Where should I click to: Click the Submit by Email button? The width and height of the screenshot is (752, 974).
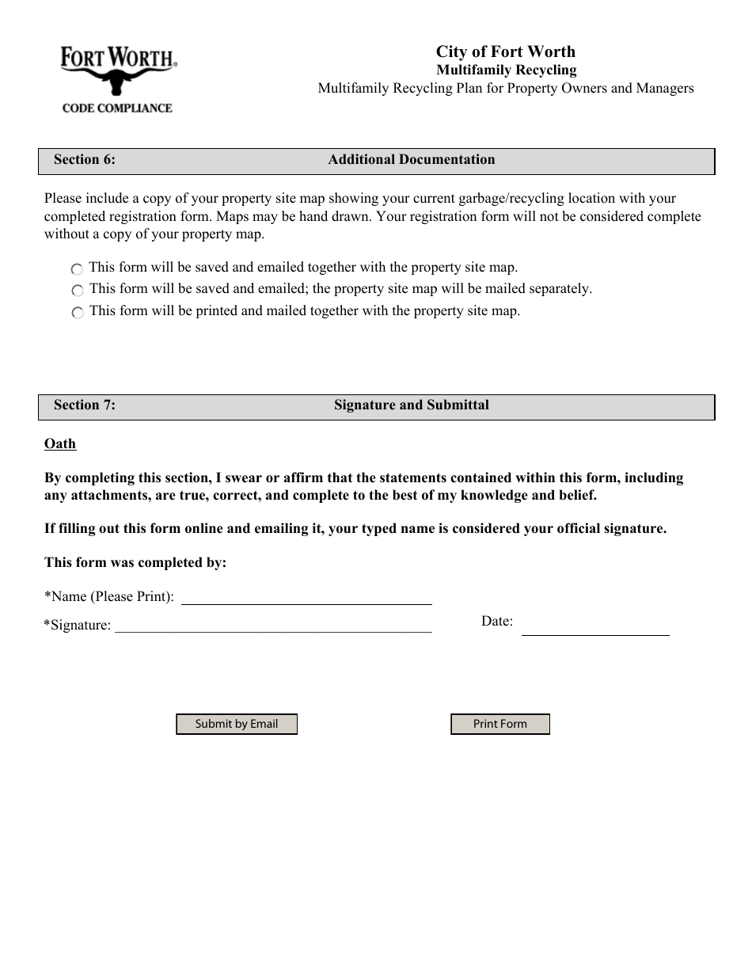(236, 724)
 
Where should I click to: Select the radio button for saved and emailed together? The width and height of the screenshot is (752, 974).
(77, 270)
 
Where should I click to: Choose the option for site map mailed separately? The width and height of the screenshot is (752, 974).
(77, 291)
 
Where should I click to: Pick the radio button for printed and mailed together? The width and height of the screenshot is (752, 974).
(77, 313)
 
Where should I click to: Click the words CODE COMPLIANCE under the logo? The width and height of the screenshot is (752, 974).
(117, 108)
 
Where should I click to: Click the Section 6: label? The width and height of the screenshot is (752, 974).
(85, 160)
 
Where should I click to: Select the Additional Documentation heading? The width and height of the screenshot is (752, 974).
(412, 160)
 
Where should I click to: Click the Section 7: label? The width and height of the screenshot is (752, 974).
(85, 405)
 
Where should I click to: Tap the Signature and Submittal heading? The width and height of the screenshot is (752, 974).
(412, 405)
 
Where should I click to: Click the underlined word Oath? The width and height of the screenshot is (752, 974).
(60, 444)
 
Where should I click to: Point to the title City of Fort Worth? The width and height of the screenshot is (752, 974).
(506, 52)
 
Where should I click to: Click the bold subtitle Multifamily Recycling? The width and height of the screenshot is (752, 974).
(507, 70)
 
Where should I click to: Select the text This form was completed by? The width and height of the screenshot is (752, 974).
(135, 563)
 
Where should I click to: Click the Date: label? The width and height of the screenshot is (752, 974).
(497, 622)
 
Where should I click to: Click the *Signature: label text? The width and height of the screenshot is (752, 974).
(78, 626)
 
